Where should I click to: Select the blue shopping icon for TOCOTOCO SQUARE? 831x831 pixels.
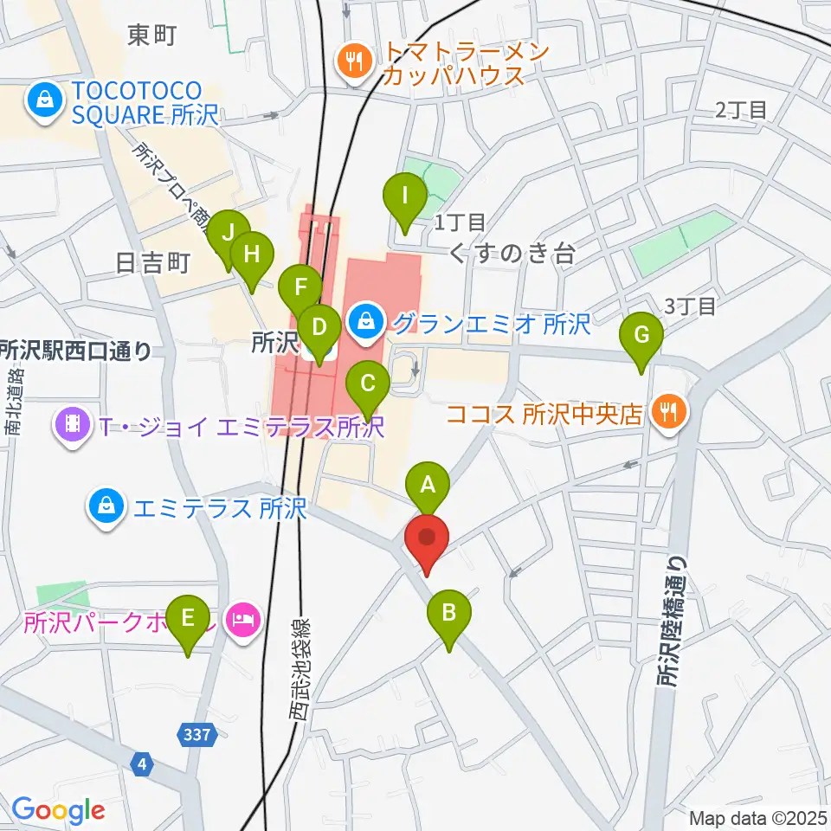click(42, 100)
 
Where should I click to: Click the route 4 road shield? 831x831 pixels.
click(142, 764)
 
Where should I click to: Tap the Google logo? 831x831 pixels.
click(58, 810)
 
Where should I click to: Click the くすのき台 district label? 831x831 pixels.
click(512, 253)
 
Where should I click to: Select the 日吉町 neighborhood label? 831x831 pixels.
click(151, 264)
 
